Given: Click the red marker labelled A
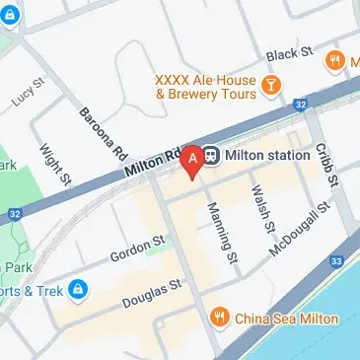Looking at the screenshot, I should point(193,158).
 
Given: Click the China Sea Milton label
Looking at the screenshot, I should point(287,319).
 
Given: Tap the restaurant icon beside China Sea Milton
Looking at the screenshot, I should point(220,318).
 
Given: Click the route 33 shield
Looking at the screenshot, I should point(337,261).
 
